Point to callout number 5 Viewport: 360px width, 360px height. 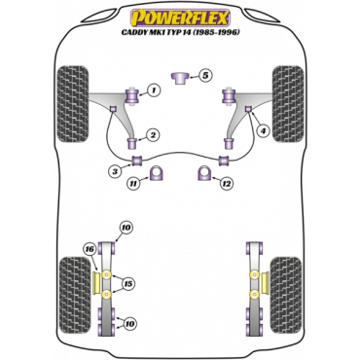pyautogui.click(x=205, y=74)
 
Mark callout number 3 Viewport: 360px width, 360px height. pyautogui.click(x=115, y=172)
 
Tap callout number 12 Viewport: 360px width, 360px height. pyautogui.click(x=226, y=183)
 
